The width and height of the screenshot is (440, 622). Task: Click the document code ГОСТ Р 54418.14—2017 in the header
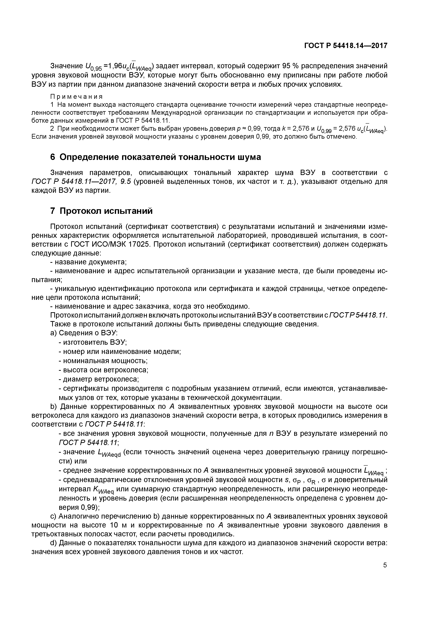click(346, 46)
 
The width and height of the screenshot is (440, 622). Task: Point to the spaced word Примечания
click(77, 97)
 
